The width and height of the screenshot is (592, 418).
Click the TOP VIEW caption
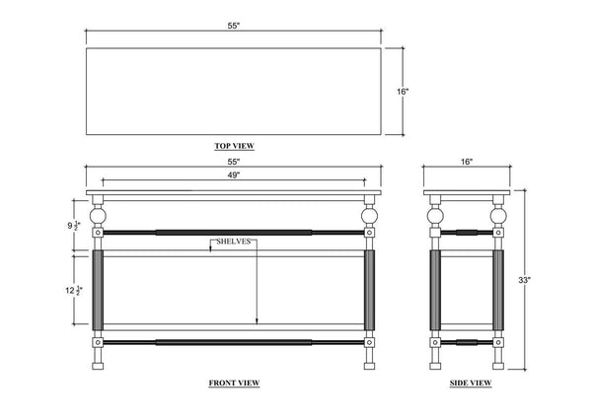tap(235, 146)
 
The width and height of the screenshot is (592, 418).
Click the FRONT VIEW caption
tap(234, 383)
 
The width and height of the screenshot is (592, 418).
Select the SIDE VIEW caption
tap(471, 383)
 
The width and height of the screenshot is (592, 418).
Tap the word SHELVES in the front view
tap(233, 242)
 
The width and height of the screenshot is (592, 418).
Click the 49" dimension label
tap(234, 175)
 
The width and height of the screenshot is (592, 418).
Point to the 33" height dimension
tap(524, 280)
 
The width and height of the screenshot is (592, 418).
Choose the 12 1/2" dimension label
tap(74, 291)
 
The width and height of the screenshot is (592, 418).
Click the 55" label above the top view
tap(234, 26)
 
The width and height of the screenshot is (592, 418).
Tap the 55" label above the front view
tap(234, 162)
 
